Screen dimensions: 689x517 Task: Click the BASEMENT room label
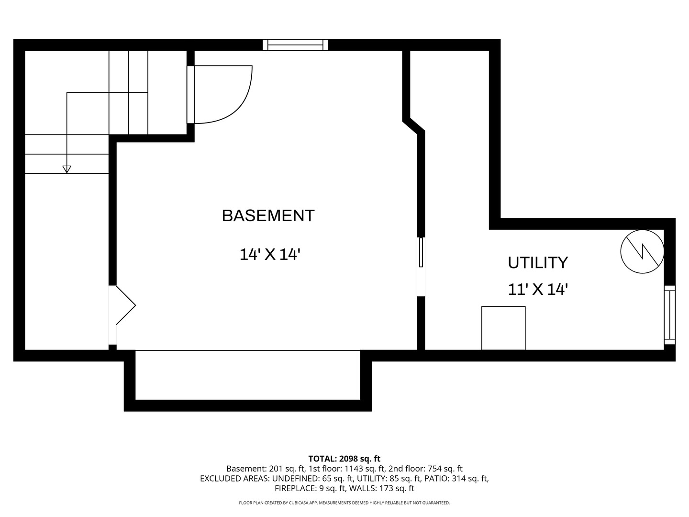pos(268,215)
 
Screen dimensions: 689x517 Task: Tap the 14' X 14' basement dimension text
pos(270,254)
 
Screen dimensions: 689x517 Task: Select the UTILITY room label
pos(538,262)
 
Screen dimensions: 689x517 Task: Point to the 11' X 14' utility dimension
pos(538,289)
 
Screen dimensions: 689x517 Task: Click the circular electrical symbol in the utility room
pos(642,251)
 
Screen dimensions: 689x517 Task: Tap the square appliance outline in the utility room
pos(503,328)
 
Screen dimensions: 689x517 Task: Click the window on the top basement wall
pos(295,45)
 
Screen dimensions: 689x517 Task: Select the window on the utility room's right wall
pos(669,315)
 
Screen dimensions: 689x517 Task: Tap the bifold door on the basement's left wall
pos(125,305)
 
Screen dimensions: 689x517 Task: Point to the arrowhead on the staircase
pos(67,169)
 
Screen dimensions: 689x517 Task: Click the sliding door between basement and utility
pos(421,267)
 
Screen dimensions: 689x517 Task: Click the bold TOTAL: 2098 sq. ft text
pos(344,459)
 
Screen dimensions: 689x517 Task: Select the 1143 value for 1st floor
pos(354,469)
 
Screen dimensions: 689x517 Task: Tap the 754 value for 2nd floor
pos(434,469)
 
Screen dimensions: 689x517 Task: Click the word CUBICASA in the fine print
pos(298,503)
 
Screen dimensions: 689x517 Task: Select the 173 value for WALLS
pos(385,488)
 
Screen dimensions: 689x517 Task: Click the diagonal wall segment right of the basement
pos(414,126)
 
